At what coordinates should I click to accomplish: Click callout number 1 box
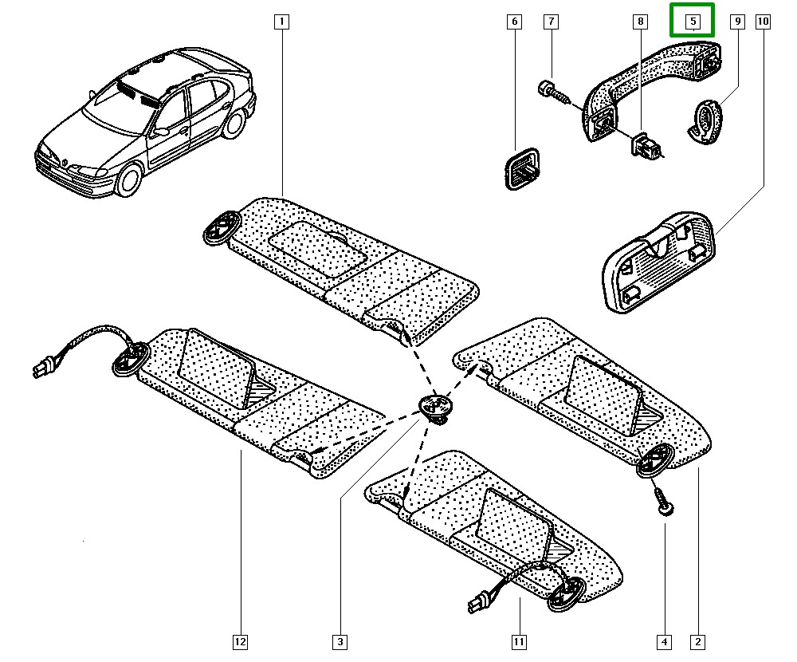281,22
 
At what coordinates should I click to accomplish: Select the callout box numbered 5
692,22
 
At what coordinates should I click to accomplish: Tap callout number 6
514,22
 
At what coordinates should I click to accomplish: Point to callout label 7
551,22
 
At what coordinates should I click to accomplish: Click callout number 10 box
763,22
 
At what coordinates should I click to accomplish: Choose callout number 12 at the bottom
240,641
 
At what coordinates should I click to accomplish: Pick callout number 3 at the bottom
340,641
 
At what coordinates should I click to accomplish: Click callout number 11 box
519,641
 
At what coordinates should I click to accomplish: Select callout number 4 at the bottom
664,641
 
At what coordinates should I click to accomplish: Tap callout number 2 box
698,641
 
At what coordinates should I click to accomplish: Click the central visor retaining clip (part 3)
435,408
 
